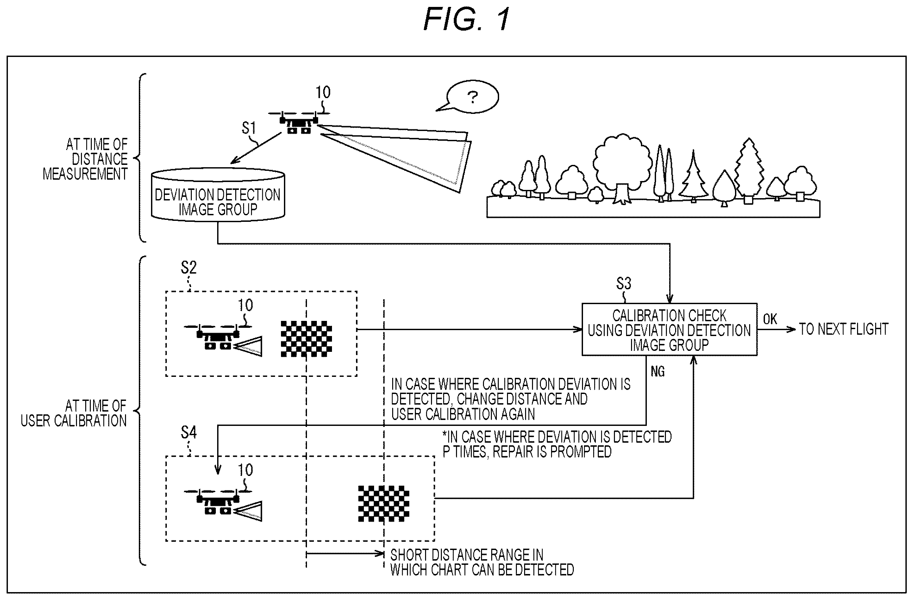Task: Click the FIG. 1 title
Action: point(467,19)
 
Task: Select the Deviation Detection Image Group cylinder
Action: point(218,195)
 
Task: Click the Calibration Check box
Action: point(670,329)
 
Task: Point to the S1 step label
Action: point(249,128)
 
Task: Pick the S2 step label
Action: point(188,267)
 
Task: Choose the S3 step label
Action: point(623,283)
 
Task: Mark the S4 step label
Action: point(188,433)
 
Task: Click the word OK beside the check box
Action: point(770,319)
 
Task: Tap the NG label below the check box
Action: point(657,371)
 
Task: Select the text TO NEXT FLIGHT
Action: point(844,329)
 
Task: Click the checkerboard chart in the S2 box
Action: point(306,339)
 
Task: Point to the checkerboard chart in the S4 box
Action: point(384,504)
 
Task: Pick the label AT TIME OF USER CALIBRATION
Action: point(74,413)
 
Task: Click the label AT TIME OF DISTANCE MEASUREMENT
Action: point(85,159)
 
